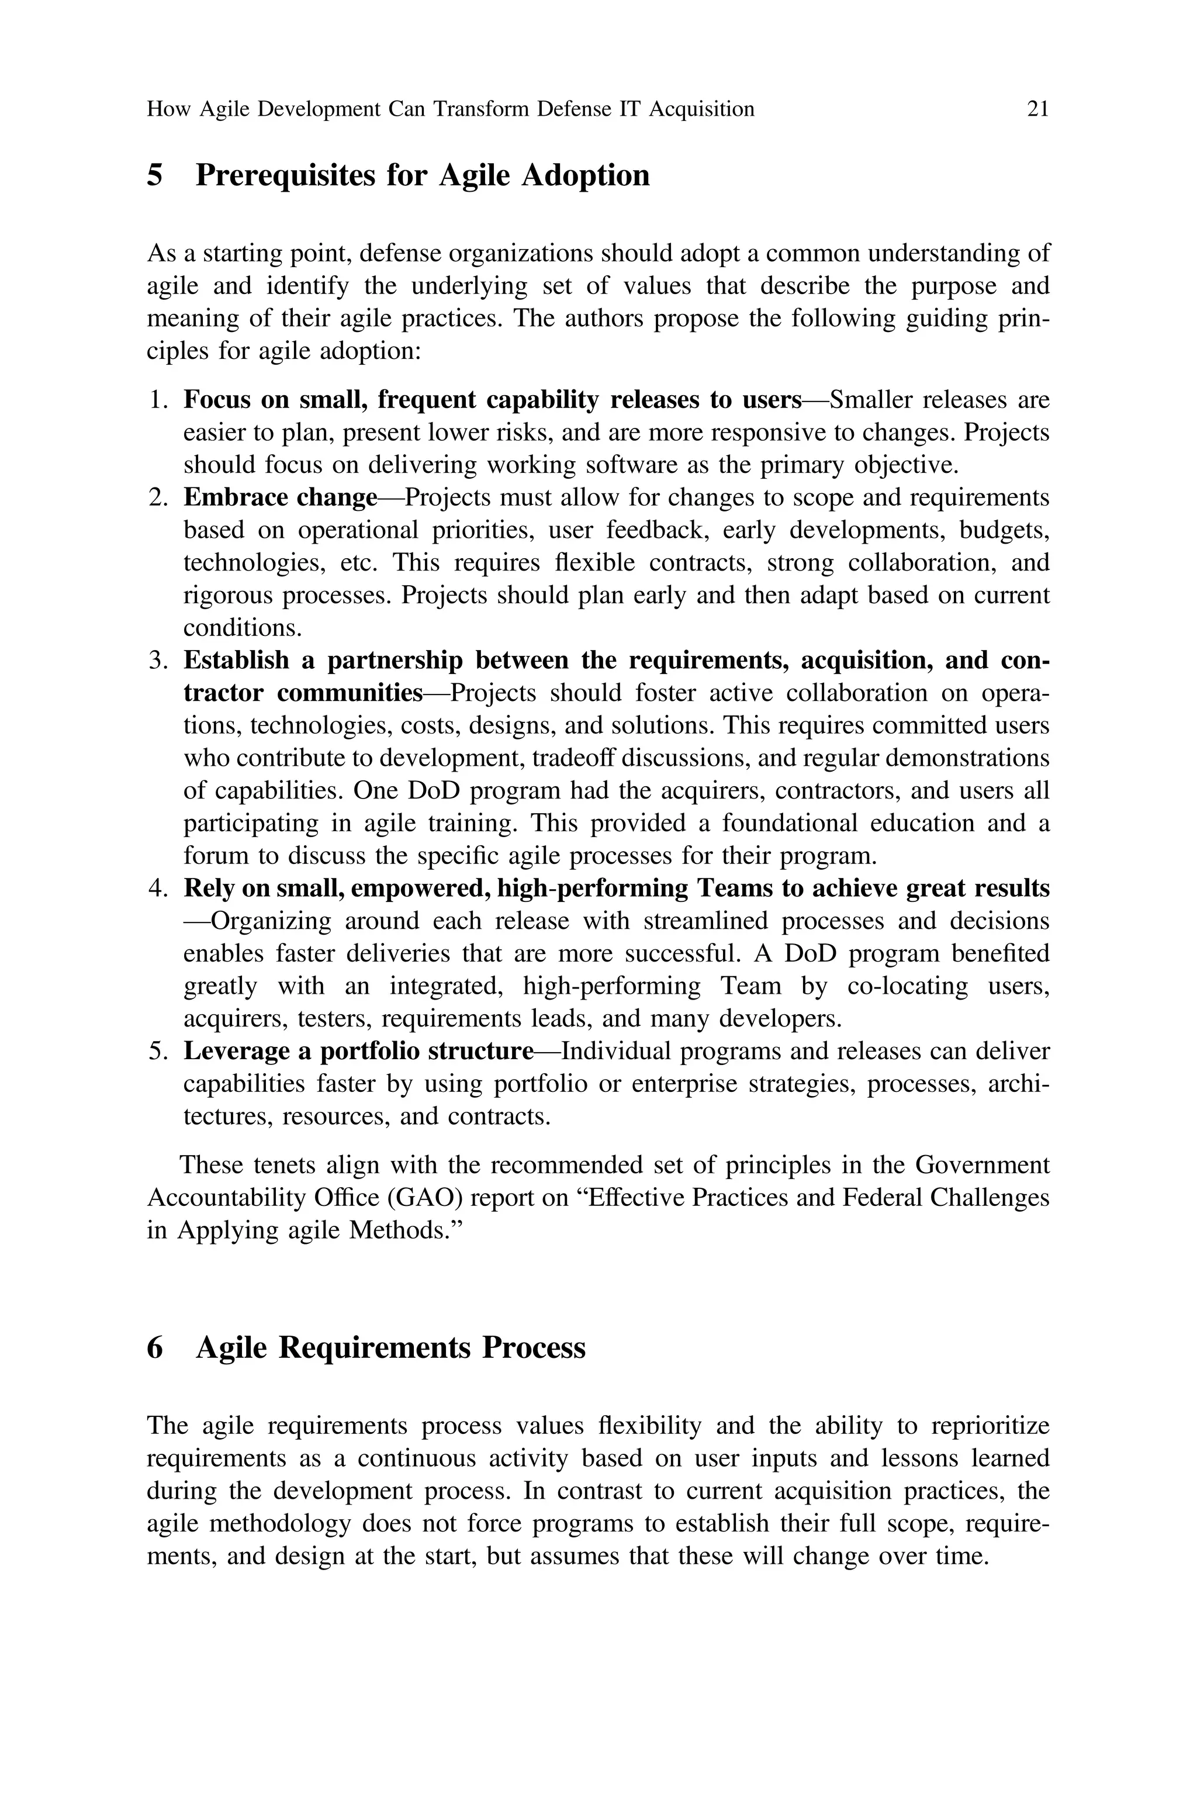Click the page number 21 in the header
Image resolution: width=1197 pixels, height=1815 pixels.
[x=1037, y=110]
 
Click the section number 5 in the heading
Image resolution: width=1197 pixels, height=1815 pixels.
[x=155, y=175]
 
